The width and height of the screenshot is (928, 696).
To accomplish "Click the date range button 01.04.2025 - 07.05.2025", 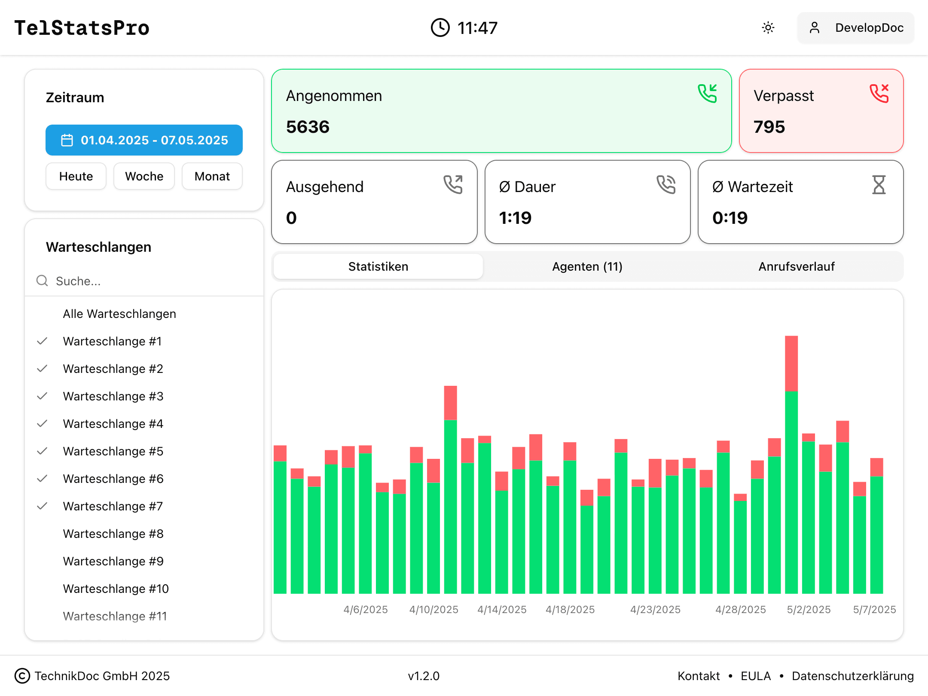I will click(x=144, y=140).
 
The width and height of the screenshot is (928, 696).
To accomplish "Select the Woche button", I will click(x=144, y=176).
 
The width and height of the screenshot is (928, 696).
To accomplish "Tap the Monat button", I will click(x=212, y=176).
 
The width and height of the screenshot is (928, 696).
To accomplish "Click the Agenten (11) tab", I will click(x=587, y=266).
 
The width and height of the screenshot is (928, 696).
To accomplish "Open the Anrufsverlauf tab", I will click(x=796, y=266).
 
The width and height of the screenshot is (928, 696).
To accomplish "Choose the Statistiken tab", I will click(x=378, y=266).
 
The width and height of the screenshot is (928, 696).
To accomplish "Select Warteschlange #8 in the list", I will click(x=113, y=534).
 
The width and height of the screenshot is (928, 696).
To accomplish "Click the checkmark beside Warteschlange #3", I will click(x=42, y=396).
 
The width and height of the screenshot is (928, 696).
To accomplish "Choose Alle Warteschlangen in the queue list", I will click(x=119, y=314).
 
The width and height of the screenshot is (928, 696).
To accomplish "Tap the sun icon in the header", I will click(x=768, y=28).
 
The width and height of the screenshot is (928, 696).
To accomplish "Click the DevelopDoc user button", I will click(x=856, y=28).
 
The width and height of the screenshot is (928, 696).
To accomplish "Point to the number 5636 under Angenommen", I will click(x=308, y=127).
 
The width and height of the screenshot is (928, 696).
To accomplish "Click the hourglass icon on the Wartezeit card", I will click(x=879, y=185).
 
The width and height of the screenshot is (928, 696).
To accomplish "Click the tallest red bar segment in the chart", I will click(x=791, y=363).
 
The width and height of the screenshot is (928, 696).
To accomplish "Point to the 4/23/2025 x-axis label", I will click(x=655, y=609).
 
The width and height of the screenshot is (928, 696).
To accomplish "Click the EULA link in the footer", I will click(x=755, y=676).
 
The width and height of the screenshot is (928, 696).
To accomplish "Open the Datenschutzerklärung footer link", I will click(x=852, y=676).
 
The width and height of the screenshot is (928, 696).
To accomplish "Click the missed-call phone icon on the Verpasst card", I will click(x=879, y=94).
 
